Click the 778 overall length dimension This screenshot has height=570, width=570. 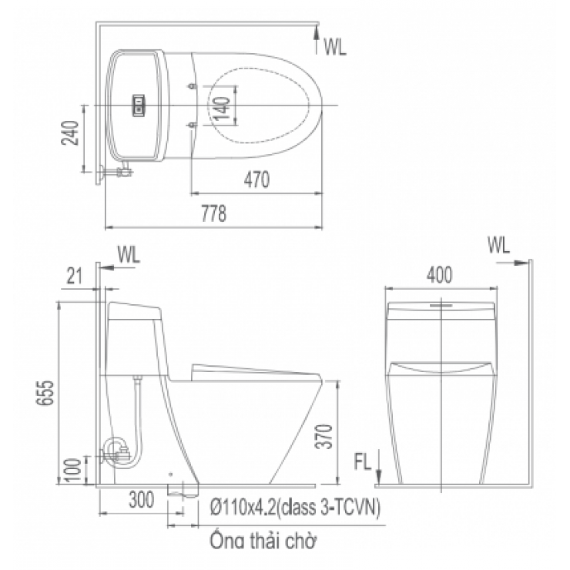(x=215, y=215)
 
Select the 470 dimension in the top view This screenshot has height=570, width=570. (x=256, y=180)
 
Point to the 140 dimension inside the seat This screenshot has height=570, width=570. (x=221, y=106)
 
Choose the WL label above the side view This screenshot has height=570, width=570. (x=498, y=246)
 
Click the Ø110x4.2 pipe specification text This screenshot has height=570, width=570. (x=292, y=508)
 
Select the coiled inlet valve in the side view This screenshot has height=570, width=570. (x=118, y=449)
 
